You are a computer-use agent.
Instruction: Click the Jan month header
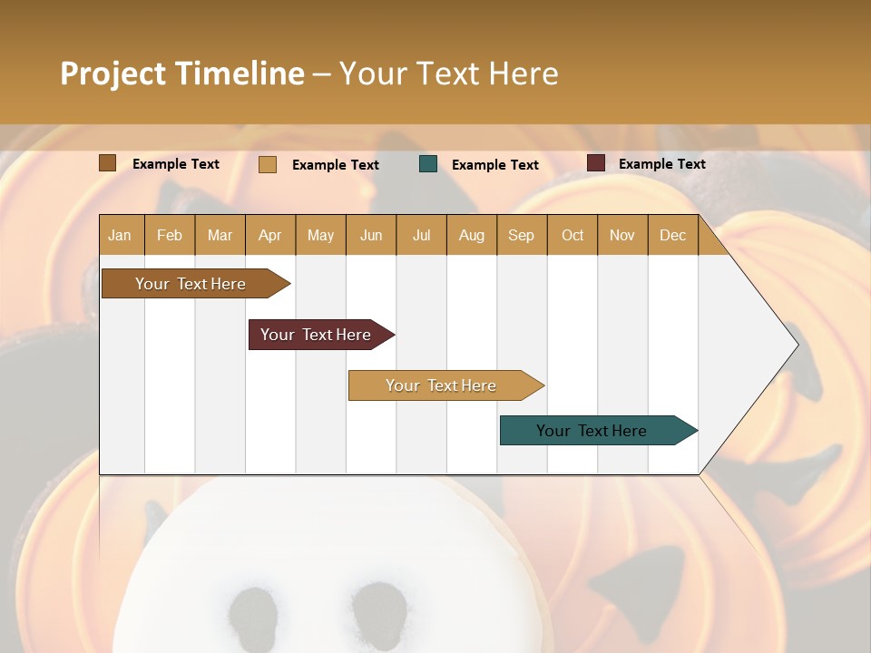pos(121,235)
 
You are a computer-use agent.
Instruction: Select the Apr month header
pos(270,235)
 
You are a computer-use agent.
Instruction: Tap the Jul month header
pos(421,235)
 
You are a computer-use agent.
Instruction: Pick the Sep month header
pos(521,235)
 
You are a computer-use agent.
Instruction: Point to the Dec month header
pos(672,235)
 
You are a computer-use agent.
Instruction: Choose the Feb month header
pos(170,235)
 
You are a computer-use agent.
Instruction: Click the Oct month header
pos(573,235)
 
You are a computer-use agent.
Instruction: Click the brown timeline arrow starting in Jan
pos(191,284)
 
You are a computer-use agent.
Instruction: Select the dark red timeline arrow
pos(316,335)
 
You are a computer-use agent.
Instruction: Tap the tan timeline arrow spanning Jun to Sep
pos(441,385)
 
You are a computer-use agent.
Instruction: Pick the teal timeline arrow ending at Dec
pos(592,431)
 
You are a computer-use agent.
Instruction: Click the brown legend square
pos(108,163)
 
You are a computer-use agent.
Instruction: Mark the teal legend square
pos(428,164)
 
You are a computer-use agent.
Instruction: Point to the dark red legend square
pos(596,163)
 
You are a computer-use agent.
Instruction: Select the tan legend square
pos(268,164)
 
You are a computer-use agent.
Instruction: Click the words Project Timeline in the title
pos(182,73)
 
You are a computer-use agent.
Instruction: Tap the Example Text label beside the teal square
pos(495,165)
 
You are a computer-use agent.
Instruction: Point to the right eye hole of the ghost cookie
pos(378,608)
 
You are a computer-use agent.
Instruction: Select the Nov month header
pos(622,235)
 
